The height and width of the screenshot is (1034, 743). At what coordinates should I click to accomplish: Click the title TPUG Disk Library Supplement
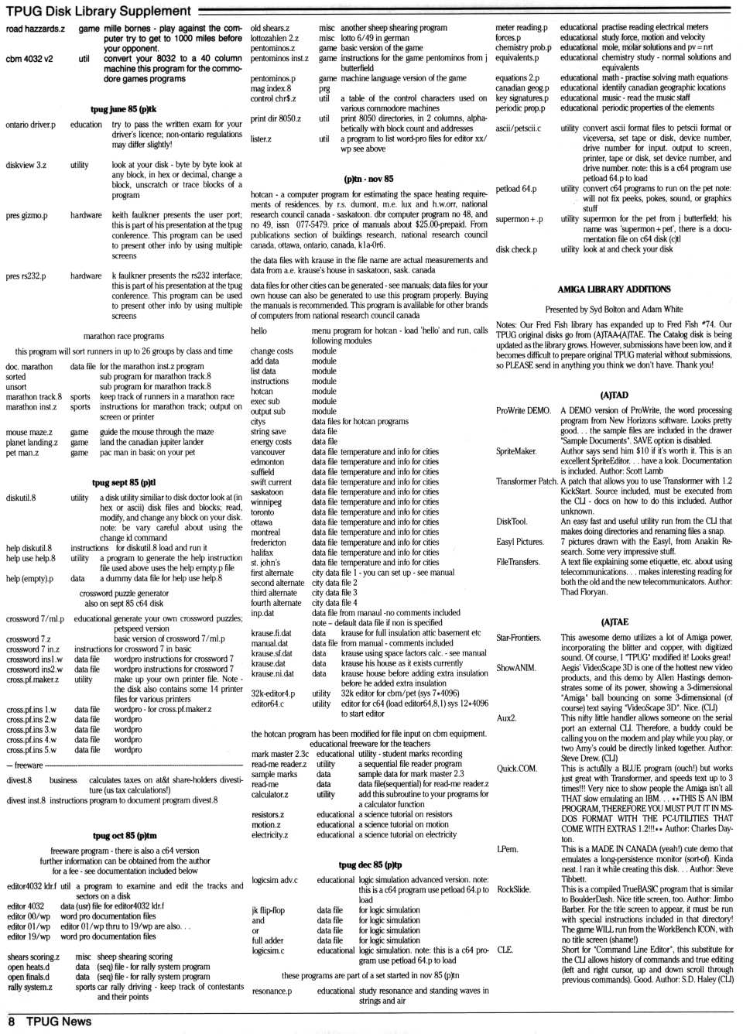pos(98,11)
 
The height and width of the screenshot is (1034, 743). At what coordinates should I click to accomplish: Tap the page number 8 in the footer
pos(11,1022)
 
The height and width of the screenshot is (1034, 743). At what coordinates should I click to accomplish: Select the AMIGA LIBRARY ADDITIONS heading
pos(614,289)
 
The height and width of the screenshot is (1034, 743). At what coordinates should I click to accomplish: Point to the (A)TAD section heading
pos(614,395)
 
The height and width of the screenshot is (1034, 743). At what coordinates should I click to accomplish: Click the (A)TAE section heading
pos(614,621)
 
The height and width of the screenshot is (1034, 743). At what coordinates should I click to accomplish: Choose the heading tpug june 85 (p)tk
pos(123,109)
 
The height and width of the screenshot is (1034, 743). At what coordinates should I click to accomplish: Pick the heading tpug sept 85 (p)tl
pos(123,482)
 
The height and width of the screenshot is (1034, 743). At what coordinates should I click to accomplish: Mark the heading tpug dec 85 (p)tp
pos(370,865)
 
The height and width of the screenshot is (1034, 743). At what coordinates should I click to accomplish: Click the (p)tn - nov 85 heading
pos(368,179)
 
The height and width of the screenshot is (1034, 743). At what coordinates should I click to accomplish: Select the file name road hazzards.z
pos(35,29)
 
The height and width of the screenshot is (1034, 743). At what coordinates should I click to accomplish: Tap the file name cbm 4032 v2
pos(29,59)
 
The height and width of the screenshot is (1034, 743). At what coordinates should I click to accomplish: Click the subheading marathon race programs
pos(123,336)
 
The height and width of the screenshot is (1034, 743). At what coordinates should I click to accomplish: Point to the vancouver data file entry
pos(268,452)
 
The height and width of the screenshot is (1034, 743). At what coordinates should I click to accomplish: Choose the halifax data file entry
pos(262,553)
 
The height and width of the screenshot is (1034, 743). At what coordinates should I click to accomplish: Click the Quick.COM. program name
pos(516,769)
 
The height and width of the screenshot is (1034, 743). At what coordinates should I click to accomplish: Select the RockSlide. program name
pos(513,889)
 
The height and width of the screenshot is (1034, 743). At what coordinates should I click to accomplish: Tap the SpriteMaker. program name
pos(516,451)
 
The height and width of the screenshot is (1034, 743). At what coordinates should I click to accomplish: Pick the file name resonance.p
pos(272,991)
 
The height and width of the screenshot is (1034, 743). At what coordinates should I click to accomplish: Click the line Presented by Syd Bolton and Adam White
pos(614,309)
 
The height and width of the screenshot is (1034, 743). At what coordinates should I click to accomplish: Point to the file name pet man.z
pos(22,453)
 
